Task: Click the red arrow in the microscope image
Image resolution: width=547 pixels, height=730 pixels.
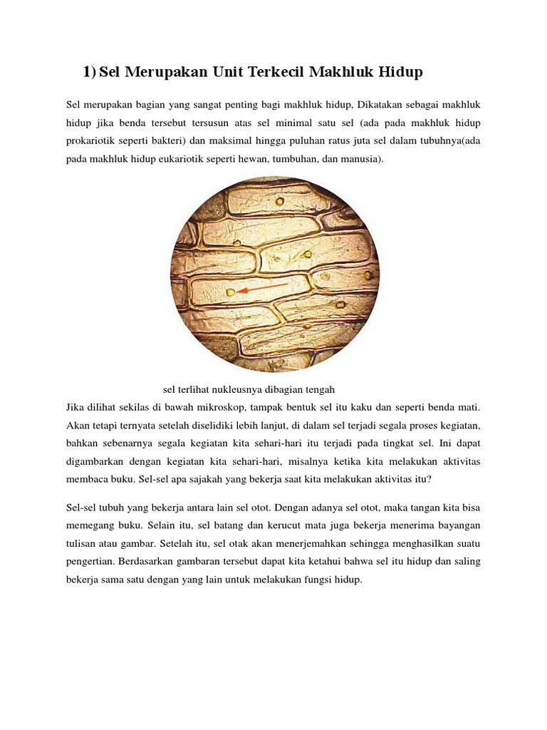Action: tap(263, 288)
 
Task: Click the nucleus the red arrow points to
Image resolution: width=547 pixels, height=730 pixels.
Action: tap(230, 292)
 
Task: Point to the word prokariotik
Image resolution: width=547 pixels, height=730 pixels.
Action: tap(90, 140)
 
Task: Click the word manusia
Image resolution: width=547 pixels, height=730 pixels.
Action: tap(364, 159)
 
